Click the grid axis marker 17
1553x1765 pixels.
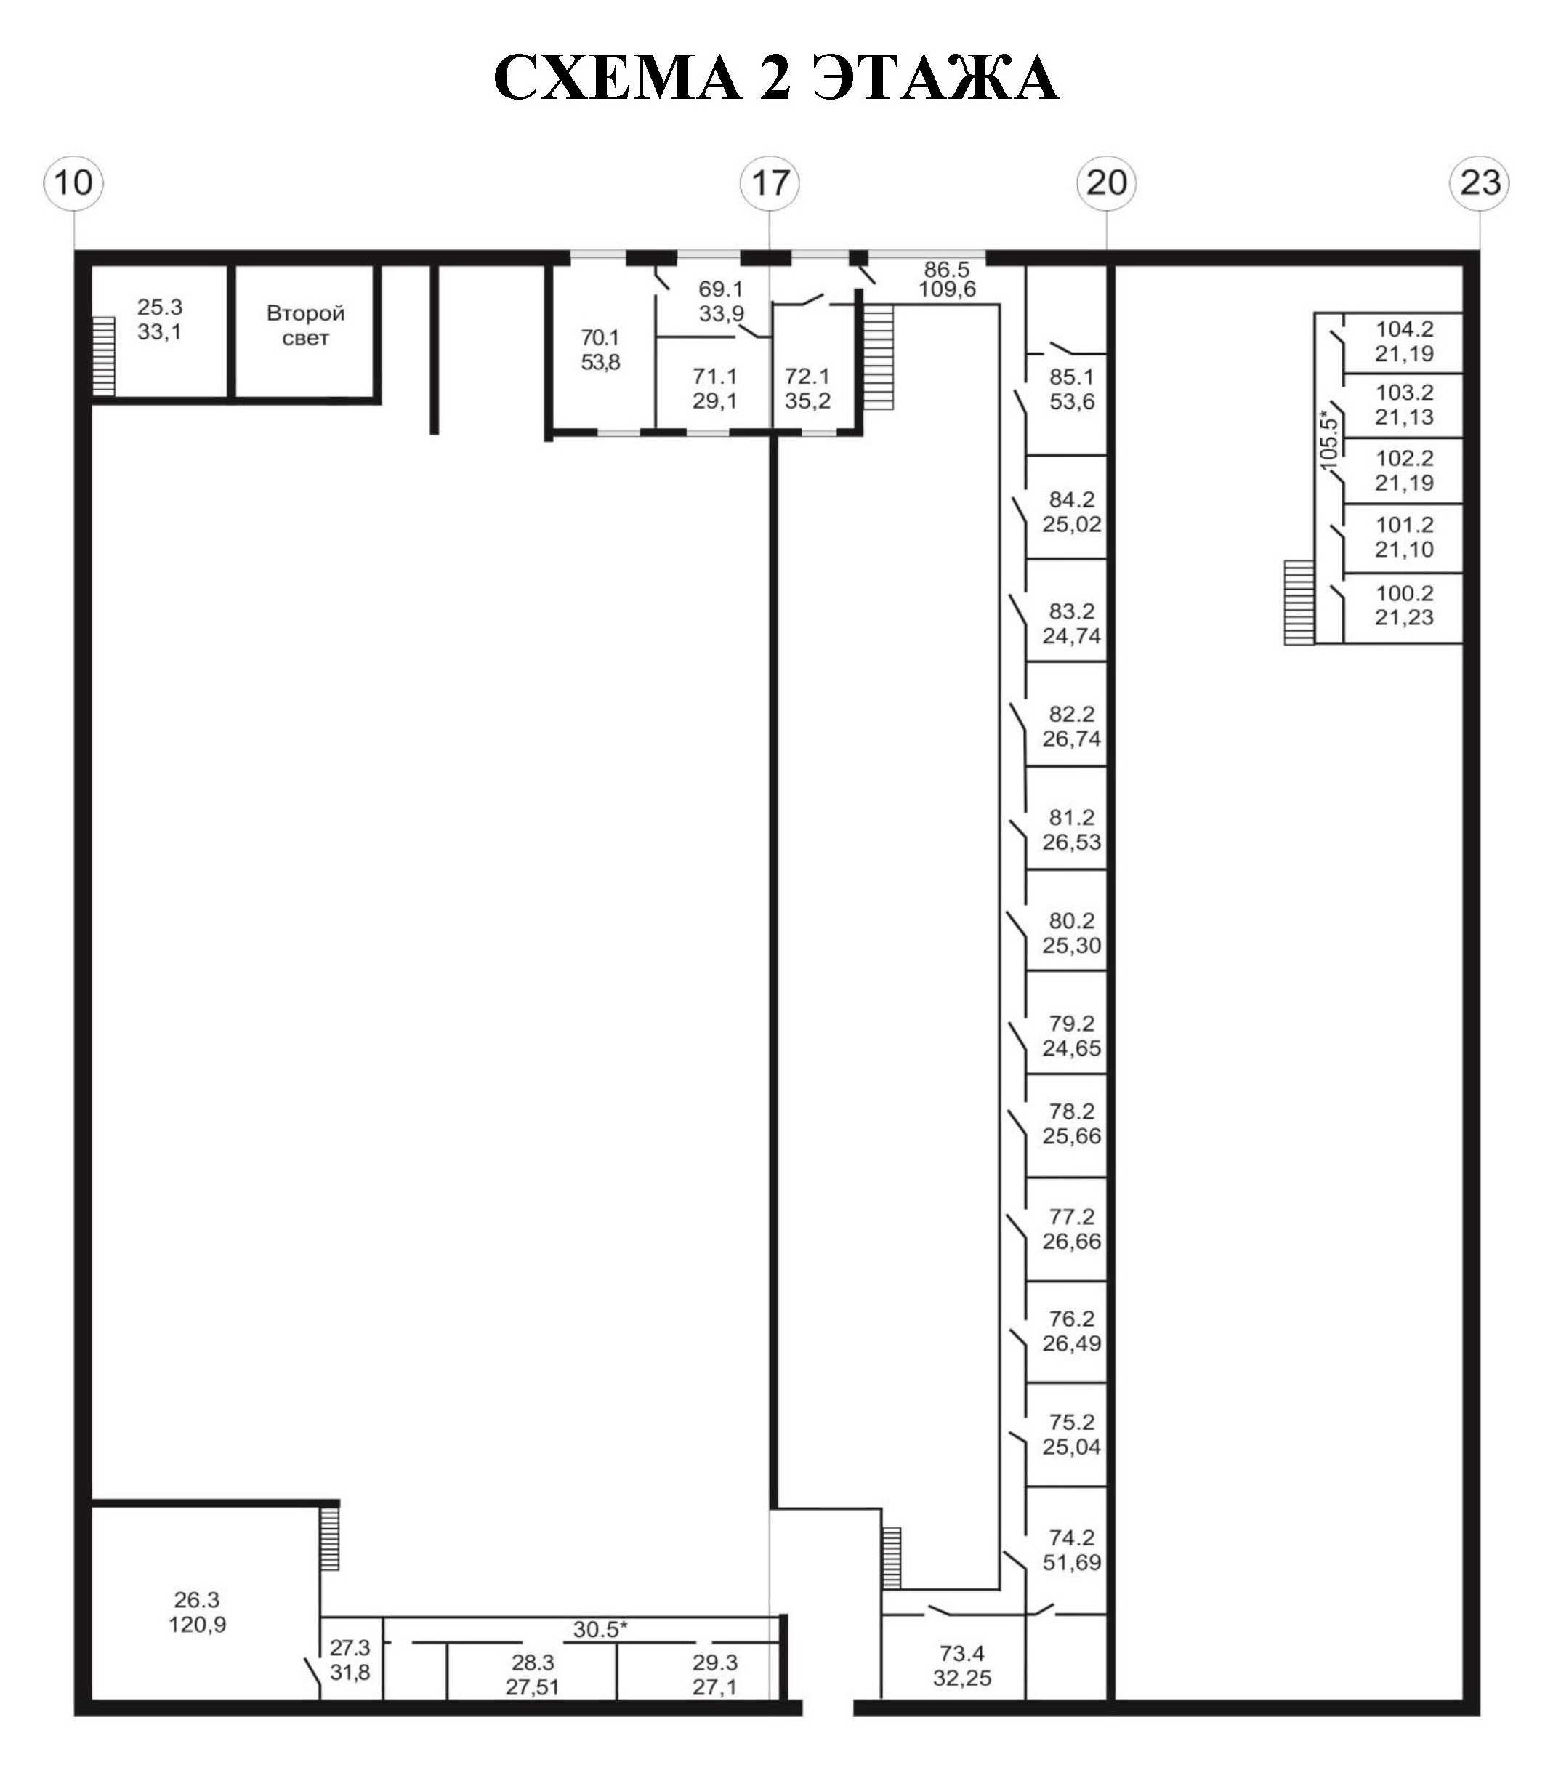[770, 183]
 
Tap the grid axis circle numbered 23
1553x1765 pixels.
[1480, 183]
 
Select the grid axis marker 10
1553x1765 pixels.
[74, 183]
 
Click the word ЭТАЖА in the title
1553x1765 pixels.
[937, 78]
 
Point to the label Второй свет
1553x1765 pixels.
[306, 326]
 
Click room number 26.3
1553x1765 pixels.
[197, 1600]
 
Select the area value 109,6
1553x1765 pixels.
[947, 289]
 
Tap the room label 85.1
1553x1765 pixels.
[1071, 377]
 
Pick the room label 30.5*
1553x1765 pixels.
[600, 1630]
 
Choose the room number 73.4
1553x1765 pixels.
[961, 1654]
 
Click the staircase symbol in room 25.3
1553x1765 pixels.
[104, 355]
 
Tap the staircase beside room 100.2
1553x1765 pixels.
[1299, 603]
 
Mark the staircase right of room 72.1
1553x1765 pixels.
[878, 358]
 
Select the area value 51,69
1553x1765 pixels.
[1071, 1562]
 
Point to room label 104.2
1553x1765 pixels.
[1405, 329]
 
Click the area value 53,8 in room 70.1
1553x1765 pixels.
[600, 362]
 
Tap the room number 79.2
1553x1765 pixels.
[1071, 1024]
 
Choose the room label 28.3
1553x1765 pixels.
[532, 1663]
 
